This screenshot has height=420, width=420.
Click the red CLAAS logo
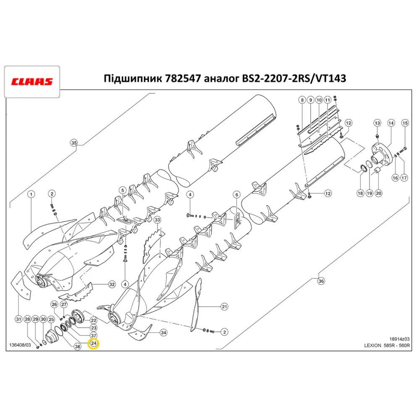click(31, 81)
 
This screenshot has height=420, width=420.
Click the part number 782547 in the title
click(184, 79)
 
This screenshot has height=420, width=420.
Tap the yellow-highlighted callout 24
click(94, 344)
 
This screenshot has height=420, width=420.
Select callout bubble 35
click(74, 143)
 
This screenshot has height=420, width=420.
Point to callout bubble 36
click(321, 281)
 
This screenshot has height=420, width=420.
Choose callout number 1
click(31, 194)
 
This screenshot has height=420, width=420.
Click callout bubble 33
click(157, 220)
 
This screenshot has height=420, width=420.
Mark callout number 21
click(224, 307)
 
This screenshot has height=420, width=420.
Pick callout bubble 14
click(391, 123)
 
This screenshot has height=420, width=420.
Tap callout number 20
click(378, 194)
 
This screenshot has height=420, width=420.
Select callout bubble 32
click(112, 284)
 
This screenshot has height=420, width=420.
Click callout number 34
click(163, 333)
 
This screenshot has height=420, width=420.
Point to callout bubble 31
click(18, 320)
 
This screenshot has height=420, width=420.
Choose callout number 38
click(77, 346)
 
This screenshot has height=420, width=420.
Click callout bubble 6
click(236, 194)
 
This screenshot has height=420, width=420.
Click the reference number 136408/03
click(20, 346)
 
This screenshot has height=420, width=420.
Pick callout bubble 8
click(302, 100)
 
